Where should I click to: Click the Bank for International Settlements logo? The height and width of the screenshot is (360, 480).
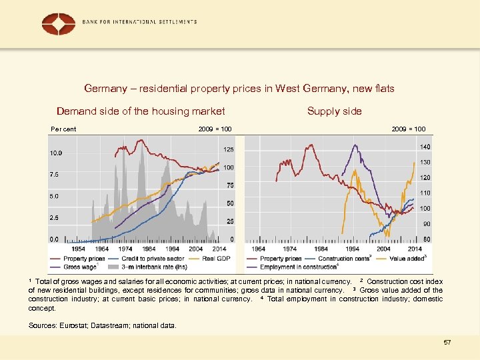tap(59, 23)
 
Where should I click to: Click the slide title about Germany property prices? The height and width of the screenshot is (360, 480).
tap(239, 88)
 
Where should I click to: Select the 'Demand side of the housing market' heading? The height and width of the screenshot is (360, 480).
tap(141, 111)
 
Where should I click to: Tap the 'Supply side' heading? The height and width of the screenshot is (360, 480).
tap(335, 111)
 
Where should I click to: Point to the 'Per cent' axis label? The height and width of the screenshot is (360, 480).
tap(64, 129)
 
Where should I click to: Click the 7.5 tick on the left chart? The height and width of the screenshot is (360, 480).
tap(55, 175)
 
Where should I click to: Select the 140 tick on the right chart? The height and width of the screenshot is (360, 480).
tap(425, 147)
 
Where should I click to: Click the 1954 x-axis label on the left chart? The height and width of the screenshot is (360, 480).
tap(79, 249)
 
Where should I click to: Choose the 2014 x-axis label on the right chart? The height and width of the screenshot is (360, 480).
tap(414, 249)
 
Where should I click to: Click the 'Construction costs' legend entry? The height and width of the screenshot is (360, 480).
tap(344, 259)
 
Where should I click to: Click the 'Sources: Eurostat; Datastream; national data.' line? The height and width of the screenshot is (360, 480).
tap(103, 326)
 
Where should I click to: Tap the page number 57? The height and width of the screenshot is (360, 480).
tap(447, 342)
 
